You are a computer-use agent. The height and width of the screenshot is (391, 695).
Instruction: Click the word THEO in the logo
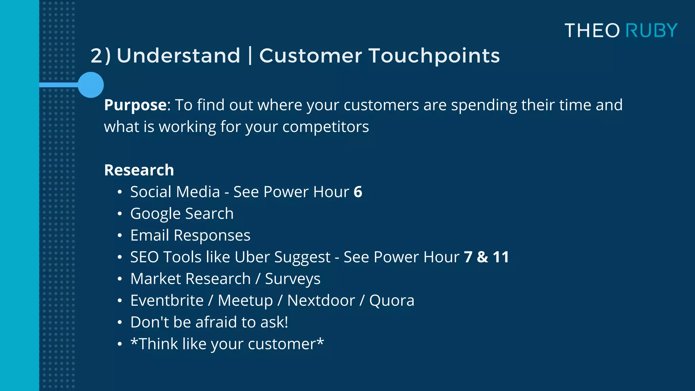(x=592, y=31)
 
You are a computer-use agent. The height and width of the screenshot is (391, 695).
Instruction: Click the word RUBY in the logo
(x=651, y=31)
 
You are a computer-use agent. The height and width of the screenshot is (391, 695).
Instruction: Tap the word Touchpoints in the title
(x=434, y=56)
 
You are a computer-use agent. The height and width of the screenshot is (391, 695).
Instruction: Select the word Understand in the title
(x=179, y=56)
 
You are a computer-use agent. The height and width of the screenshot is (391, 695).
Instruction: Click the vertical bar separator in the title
(x=250, y=56)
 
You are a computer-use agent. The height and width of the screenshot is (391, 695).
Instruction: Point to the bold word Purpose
(x=135, y=105)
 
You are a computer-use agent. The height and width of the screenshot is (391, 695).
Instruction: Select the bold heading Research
(x=139, y=170)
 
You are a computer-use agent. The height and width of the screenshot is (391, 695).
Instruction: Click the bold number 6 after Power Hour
(x=358, y=192)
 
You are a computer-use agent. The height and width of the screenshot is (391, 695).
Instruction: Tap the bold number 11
(x=501, y=257)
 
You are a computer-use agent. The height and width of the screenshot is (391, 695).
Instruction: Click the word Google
(x=155, y=214)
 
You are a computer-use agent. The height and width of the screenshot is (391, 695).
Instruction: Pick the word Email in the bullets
(x=149, y=236)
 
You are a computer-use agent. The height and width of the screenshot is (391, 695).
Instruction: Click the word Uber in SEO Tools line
(x=252, y=257)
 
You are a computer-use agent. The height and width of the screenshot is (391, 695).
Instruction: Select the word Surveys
(x=293, y=279)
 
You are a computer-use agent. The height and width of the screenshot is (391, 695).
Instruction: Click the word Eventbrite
(x=167, y=301)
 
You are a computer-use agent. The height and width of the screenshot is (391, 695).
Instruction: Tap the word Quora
(x=392, y=301)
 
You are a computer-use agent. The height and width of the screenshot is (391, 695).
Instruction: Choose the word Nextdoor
(x=321, y=301)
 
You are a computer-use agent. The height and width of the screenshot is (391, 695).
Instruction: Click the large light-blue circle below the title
(x=91, y=85)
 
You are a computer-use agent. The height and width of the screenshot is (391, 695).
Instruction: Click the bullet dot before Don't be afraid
(x=119, y=322)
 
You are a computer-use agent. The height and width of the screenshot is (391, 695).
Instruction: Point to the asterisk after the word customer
(x=320, y=340)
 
